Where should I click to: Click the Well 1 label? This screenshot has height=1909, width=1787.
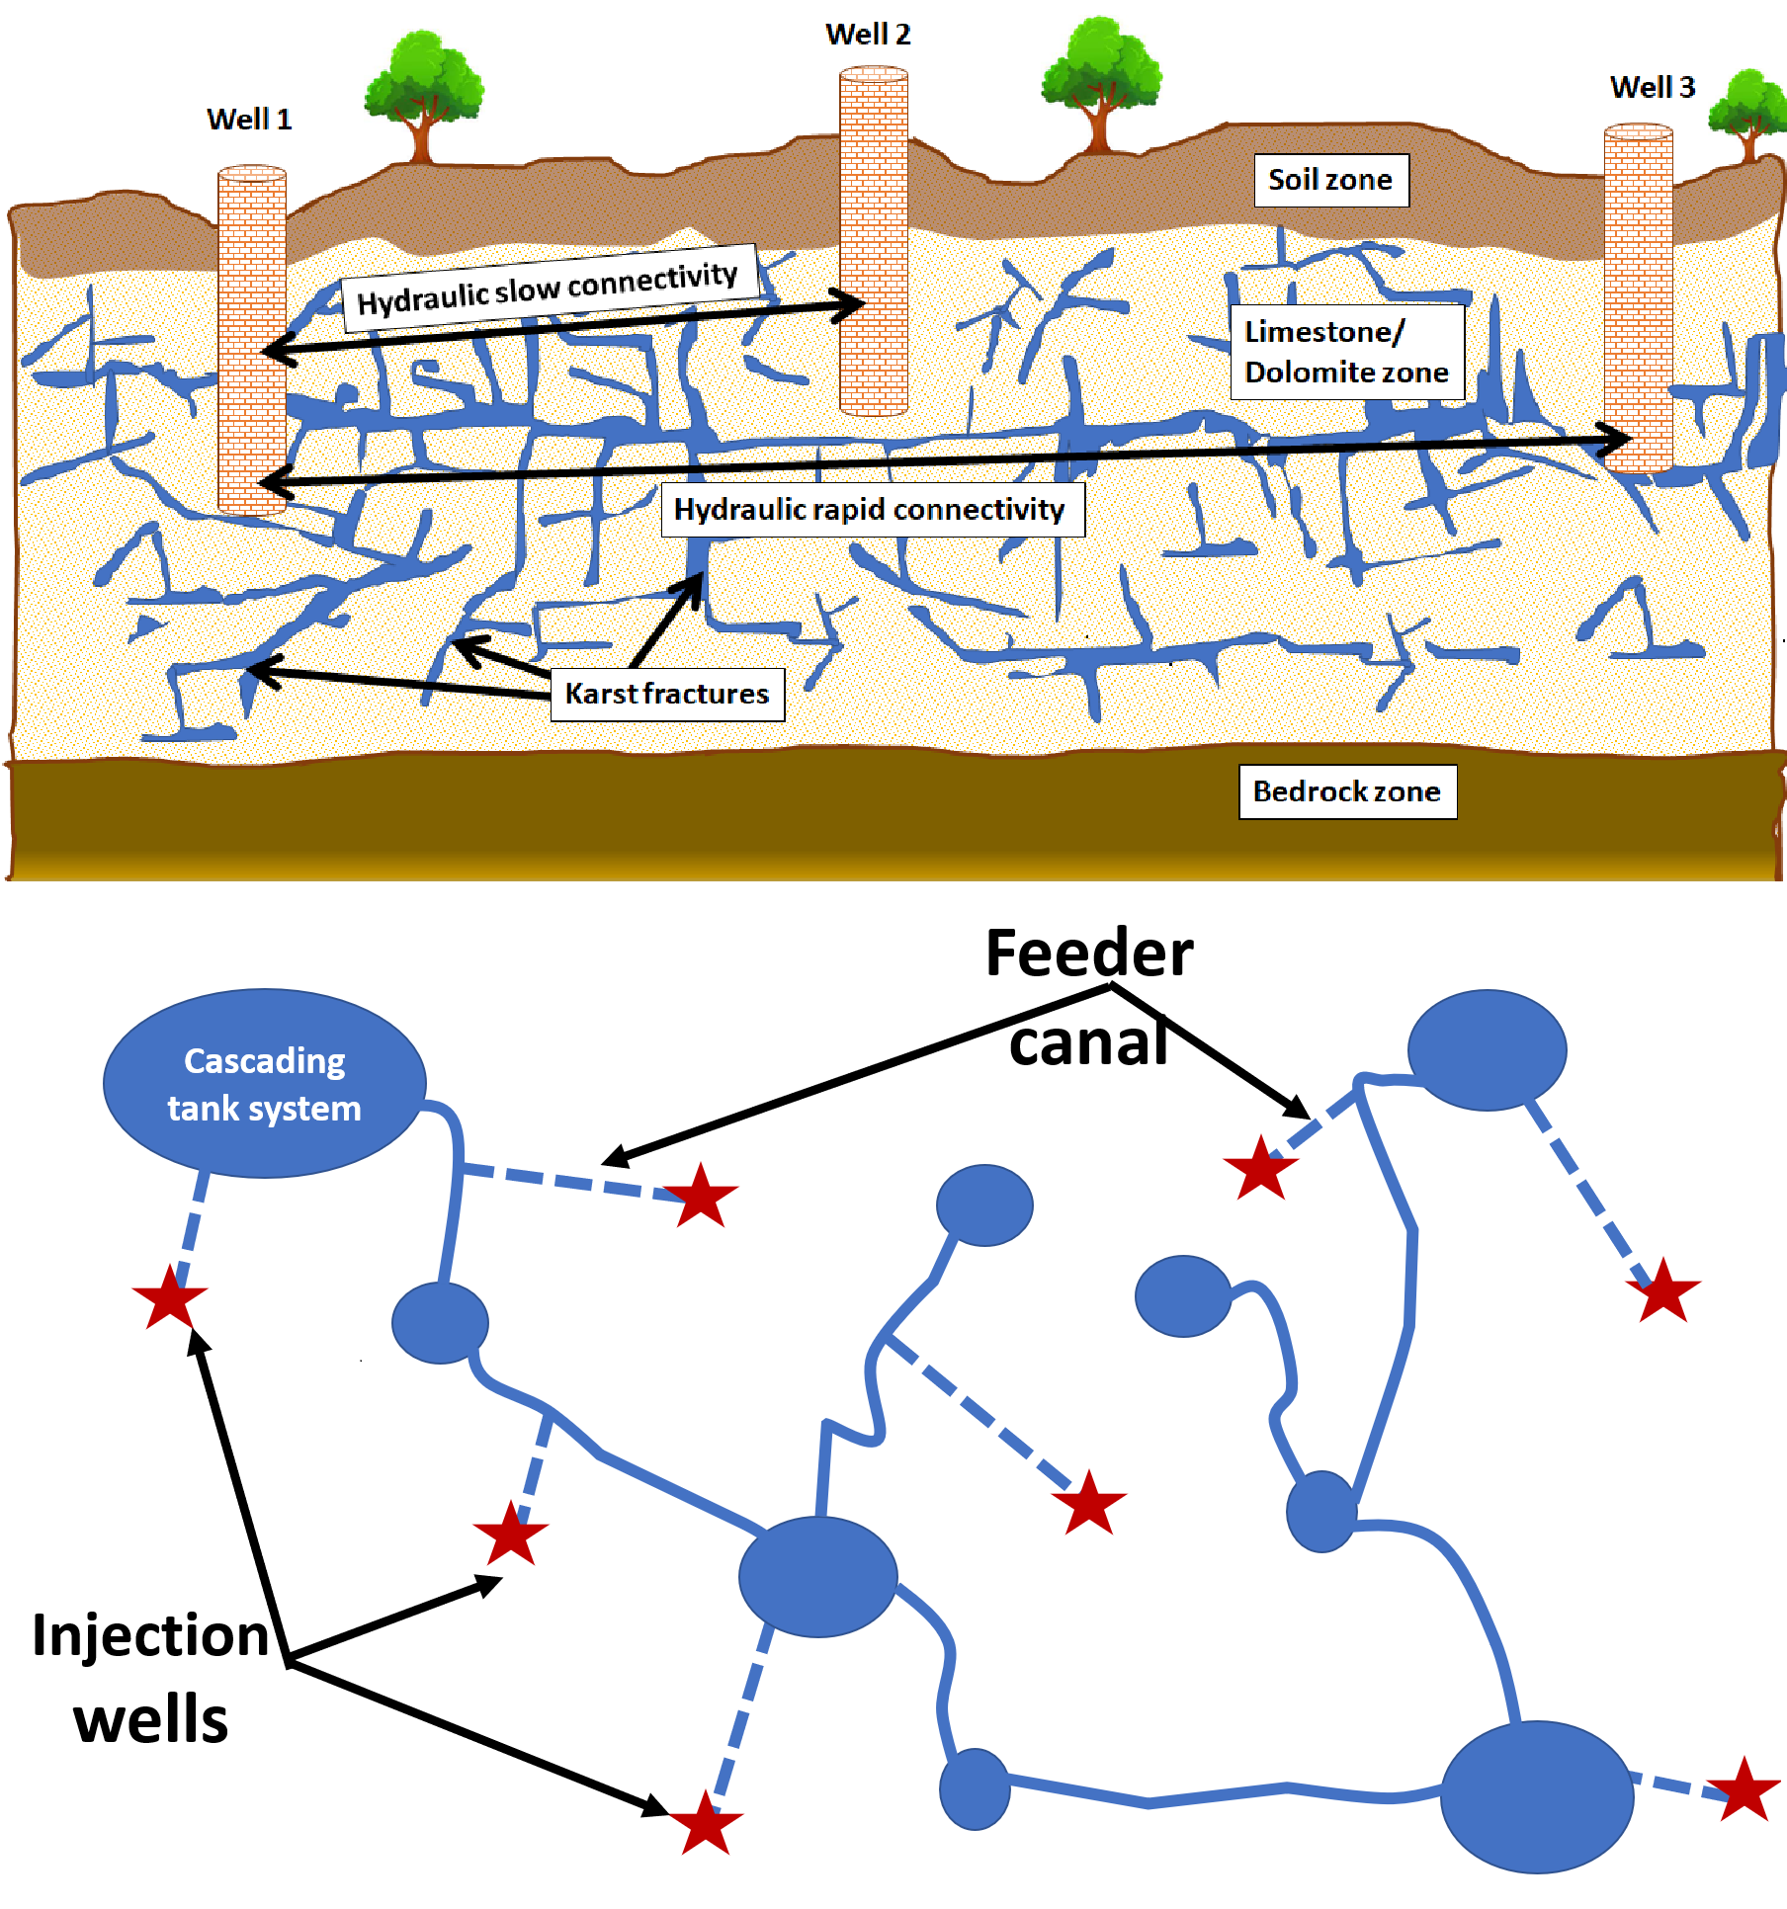click(249, 120)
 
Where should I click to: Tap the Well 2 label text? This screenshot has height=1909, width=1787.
click(868, 35)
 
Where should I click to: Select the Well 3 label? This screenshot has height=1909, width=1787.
click(1652, 88)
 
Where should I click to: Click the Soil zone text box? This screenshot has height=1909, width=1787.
click(1330, 180)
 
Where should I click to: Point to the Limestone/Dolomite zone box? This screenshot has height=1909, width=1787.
click(1346, 352)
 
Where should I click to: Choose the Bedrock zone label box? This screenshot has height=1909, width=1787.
click(1347, 791)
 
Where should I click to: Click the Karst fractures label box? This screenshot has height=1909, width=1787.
click(667, 694)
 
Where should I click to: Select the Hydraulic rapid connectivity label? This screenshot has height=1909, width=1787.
click(871, 510)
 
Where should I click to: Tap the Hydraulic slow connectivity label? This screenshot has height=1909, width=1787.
click(549, 286)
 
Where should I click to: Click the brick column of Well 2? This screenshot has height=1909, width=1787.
click(874, 242)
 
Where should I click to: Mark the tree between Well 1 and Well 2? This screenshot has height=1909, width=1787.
click(424, 94)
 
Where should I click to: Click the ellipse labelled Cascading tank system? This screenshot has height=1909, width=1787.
click(264, 1083)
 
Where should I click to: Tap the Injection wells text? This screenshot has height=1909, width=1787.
click(150, 1677)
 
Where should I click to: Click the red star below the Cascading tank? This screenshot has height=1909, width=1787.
click(170, 1297)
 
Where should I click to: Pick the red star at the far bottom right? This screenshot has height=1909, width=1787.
click(1744, 1789)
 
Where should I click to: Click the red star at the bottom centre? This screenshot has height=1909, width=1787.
click(705, 1823)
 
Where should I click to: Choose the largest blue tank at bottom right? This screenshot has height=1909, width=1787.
click(1536, 1795)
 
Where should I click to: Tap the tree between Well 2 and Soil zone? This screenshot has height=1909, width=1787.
click(1100, 84)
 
